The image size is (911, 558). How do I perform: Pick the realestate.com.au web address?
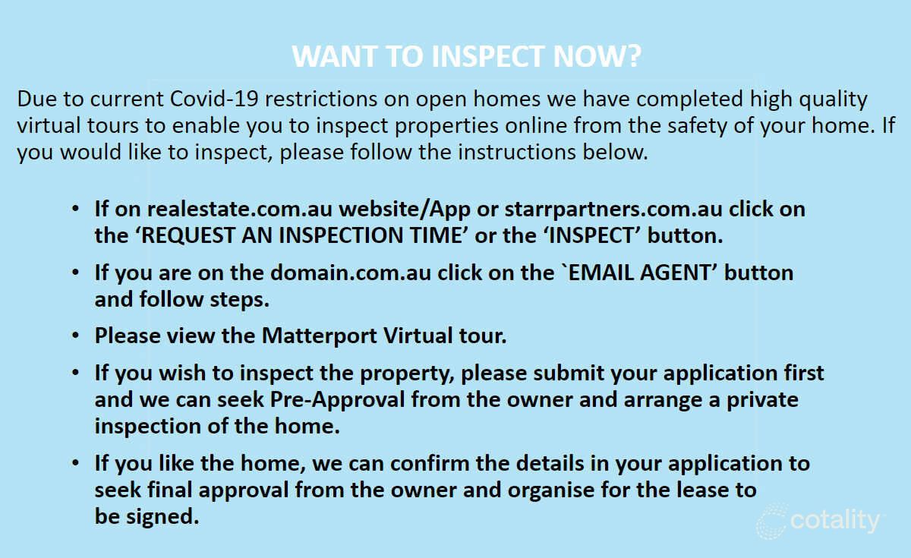241,209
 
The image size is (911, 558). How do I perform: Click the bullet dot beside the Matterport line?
74,335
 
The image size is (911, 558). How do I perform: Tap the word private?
761,399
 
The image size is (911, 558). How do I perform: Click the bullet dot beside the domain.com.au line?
74,271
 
